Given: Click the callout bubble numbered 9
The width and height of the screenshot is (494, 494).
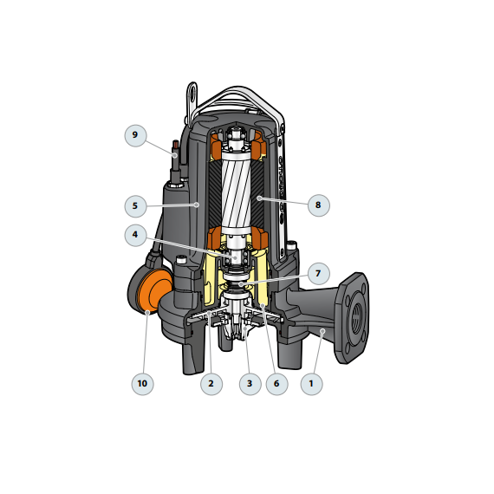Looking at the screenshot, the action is pyautogui.click(x=135, y=135).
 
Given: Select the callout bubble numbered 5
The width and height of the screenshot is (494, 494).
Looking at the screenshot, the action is pyautogui.click(x=135, y=206).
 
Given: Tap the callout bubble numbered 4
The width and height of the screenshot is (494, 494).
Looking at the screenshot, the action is pyautogui.click(x=135, y=235).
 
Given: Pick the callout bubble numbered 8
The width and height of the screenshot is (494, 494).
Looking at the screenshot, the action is pyautogui.click(x=319, y=205).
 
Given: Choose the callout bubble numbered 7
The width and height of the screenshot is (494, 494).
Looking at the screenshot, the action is pyautogui.click(x=319, y=274).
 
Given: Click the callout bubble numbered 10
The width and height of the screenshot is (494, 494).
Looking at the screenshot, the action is pyautogui.click(x=142, y=384).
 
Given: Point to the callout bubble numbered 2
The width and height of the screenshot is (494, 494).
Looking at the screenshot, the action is pyautogui.click(x=211, y=384).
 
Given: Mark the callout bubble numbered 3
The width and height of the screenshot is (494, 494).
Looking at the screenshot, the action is pyautogui.click(x=250, y=384).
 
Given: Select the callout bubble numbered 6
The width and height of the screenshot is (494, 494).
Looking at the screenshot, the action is pyautogui.click(x=276, y=384).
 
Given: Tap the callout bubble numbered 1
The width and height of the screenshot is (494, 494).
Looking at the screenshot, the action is pyautogui.click(x=311, y=384).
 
